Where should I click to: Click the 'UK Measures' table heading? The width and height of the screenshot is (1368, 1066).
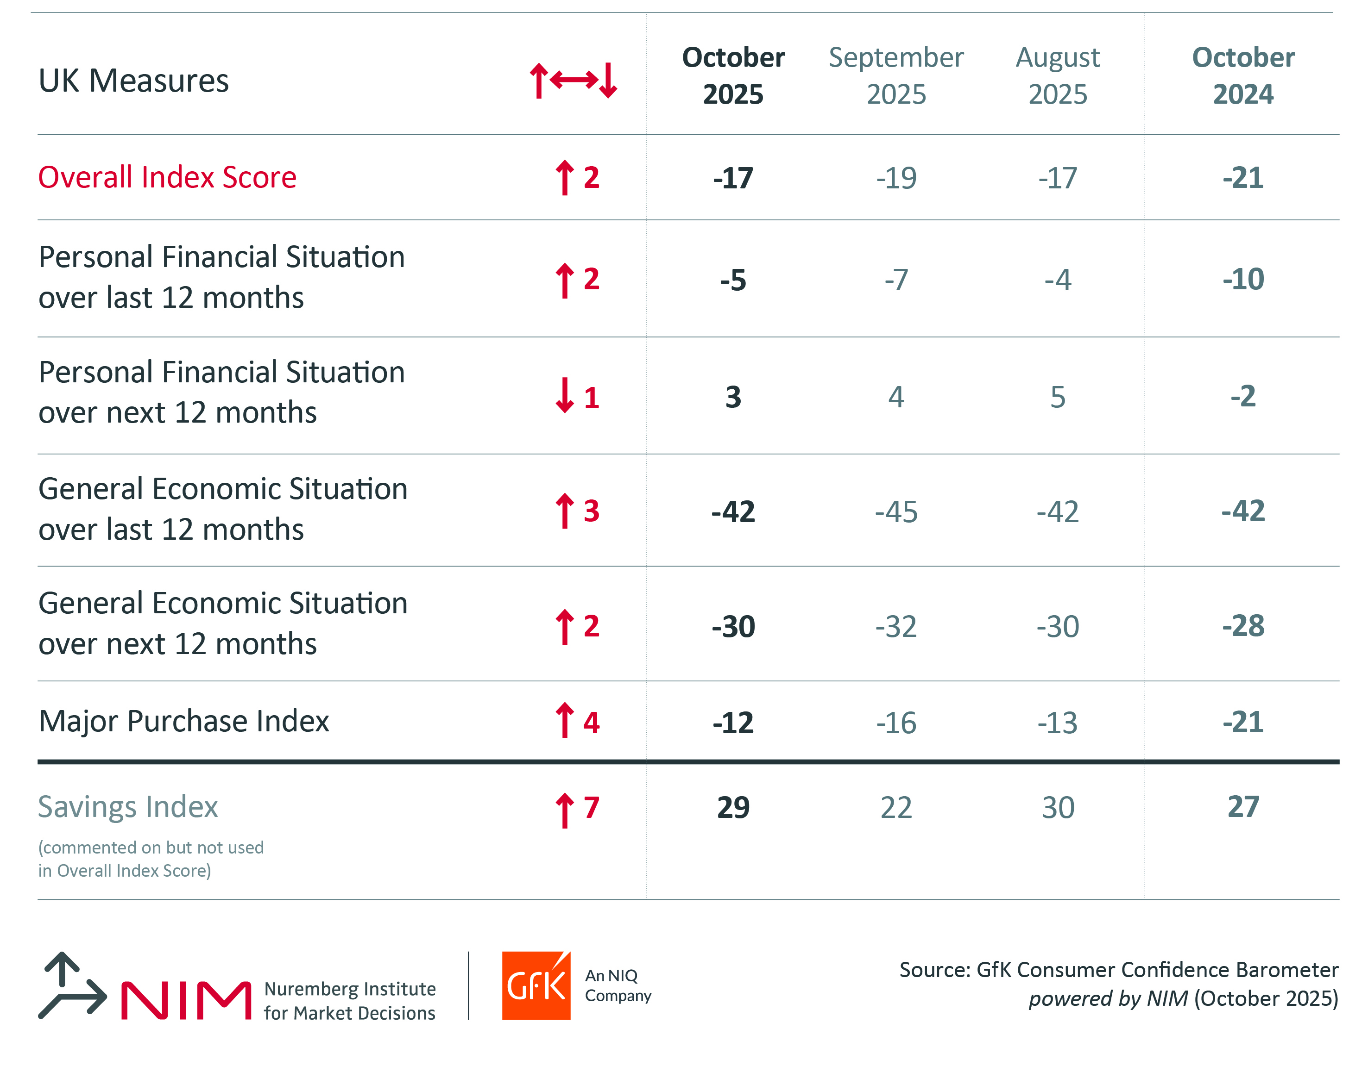(x=133, y=81)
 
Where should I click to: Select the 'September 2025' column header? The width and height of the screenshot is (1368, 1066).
(x=896, y=76)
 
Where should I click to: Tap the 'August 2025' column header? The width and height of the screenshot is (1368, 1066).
(x=1057, y=76)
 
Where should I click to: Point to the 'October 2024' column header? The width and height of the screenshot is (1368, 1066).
(x=1243, y=76)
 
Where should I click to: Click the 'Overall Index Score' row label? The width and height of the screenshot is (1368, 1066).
(x=167, y=177)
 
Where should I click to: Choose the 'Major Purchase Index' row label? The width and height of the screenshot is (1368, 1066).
(x=183, y=721)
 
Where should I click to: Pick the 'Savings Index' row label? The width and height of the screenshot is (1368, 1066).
(x=128, y=807)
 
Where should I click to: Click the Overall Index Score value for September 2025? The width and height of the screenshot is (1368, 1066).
(x=896, y=178)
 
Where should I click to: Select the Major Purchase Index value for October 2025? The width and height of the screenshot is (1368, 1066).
(x=733, y=723)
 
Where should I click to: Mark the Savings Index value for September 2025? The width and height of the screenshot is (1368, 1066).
(x=896, y=807)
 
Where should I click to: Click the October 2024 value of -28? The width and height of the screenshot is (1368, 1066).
(x=1243, y=626)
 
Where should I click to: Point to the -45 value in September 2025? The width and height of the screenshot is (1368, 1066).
(x=896, y=512)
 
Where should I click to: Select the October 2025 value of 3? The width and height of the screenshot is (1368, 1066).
(x=733, y=397)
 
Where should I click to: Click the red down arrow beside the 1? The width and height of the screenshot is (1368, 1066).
(x=565, y=396)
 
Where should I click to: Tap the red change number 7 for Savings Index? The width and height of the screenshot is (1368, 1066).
(x=591, y=807)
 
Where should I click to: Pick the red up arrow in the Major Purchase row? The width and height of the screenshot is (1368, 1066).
(x=565, y=721)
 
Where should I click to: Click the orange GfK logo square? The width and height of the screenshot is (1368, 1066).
(x=536, y=986)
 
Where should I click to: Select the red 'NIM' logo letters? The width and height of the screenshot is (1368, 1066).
(x=186, y=1000)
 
